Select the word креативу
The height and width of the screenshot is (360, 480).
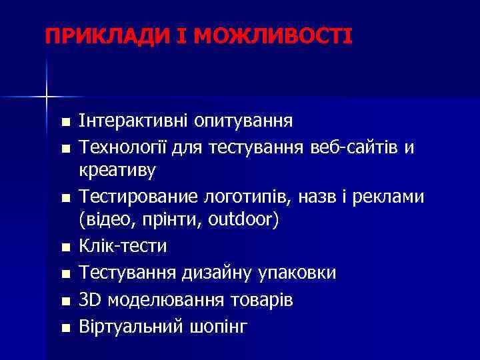117,171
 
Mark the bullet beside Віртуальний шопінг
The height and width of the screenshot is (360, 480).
64,328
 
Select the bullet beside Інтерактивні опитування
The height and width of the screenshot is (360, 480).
64,124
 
